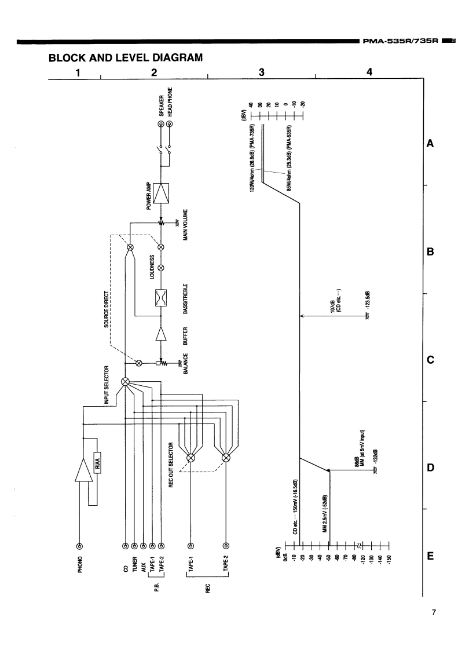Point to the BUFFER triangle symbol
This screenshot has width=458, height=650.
pyautogui.click(x=161, y=335)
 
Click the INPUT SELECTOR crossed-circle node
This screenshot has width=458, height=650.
pyautogui.click(x=126, y=382)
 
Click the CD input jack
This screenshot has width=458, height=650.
pyautogui.click(x=126, y=546)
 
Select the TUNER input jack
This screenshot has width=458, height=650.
pyautogui.click(x=134, y=546)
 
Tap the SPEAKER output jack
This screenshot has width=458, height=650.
pyautogui.click(x=161, y=123)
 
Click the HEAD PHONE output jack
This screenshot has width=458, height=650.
pyautogui.click(x=170, y=123)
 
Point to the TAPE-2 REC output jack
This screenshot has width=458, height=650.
pyautogui.click(x=226, y=546)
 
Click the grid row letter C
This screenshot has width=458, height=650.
pyautogui.click(x=430, y=360)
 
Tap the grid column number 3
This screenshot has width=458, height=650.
pyautogui.click(x=262, y=72)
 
